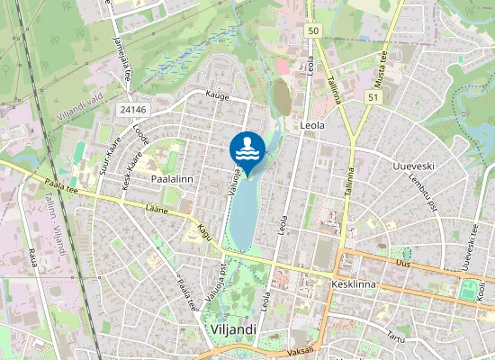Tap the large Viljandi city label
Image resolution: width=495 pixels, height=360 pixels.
click(x=232, y=329)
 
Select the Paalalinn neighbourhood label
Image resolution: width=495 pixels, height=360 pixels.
click(x=174, y=180)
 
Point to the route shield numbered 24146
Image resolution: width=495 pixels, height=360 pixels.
click(x=133, y=109)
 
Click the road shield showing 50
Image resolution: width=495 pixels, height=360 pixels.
click(x=312, y=31)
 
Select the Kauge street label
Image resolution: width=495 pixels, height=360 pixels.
click(x=217, y=94)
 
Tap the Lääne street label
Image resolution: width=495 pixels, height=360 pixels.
click(x=158, y=210)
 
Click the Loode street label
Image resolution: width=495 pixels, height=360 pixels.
click(x=141, y=137)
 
